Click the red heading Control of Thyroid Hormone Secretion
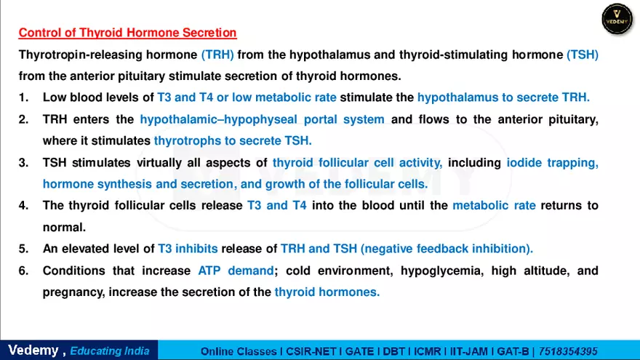127,33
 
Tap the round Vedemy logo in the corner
617,18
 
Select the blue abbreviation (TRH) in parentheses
217,55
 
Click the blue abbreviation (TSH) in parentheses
583,55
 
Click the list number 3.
23,163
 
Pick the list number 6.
23,271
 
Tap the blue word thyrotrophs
185,140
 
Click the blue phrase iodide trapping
553,163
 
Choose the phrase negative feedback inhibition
447,249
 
